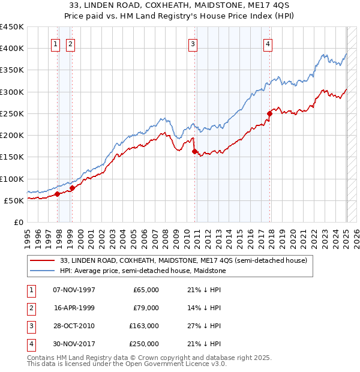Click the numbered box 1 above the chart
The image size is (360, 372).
(55, 43)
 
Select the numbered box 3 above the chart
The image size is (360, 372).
(193, 43)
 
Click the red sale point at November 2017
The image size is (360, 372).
(270, 113)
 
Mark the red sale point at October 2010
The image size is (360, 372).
(195, 151)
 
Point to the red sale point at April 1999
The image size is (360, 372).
(72, 188)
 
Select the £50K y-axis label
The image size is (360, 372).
(14, 200)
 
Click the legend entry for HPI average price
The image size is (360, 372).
(141, 271)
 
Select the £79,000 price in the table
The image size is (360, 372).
(146, 308)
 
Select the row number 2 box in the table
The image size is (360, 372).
(31, 308)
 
